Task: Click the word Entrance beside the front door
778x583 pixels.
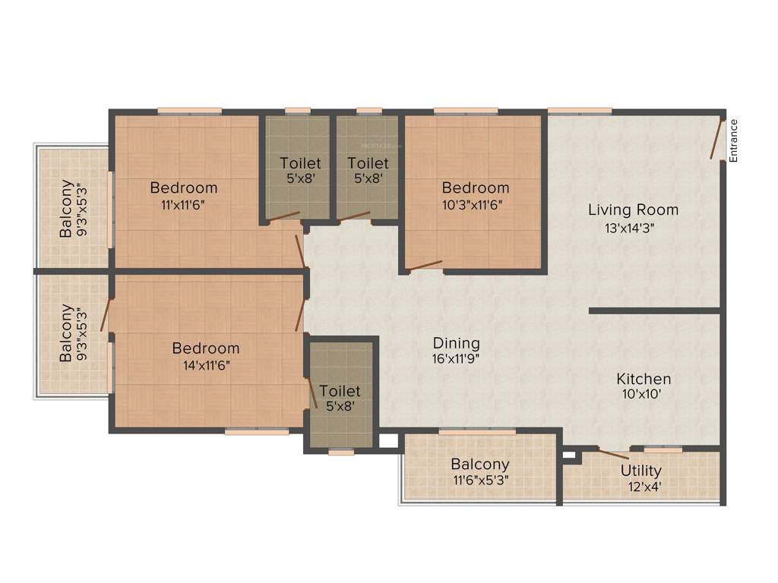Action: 733,140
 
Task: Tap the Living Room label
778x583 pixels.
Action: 633,210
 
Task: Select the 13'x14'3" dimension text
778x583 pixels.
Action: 633,227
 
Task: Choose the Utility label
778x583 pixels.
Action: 640,471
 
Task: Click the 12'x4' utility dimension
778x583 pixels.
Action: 640,487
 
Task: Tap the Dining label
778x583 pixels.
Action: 456,342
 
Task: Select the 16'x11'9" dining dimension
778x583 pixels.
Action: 456,358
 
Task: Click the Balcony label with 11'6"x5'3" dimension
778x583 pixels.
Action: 480,464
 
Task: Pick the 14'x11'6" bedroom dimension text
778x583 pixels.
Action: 206,364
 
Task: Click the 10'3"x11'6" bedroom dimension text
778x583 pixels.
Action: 476,203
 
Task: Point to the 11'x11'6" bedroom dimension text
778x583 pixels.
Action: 184,203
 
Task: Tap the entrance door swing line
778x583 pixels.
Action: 716,139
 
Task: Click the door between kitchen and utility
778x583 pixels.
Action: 612,454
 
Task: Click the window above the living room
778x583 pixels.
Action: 579,111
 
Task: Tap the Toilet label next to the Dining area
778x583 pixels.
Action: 340,391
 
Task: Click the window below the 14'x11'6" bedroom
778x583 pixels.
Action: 257,432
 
